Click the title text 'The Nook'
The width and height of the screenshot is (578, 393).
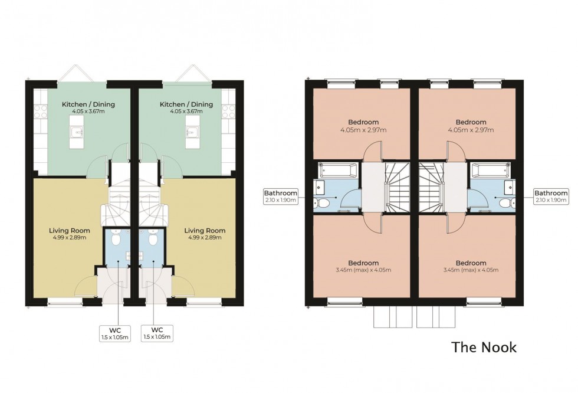484,347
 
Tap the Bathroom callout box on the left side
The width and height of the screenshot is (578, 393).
281,196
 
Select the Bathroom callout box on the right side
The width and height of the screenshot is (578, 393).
551,196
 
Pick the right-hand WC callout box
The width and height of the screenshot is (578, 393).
157,333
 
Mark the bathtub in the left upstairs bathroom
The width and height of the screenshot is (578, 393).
337,172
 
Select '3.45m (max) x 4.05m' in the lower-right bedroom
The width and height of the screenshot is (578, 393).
470,270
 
